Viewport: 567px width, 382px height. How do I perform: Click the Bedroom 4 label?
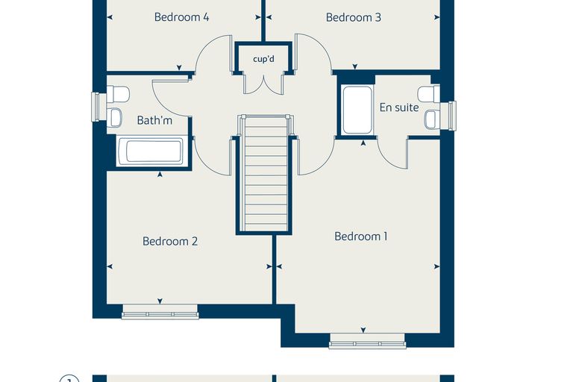click(181, 17)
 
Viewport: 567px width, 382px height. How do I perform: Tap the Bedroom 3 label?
click(354, 17)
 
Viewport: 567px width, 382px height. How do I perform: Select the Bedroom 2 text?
click(170, 241)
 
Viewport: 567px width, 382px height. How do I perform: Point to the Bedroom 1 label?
click(361, 237)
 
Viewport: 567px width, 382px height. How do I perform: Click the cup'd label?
click(263, 59)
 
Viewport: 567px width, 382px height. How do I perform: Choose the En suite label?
click(399, 107)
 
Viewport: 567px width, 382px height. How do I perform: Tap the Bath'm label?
click(154, 120)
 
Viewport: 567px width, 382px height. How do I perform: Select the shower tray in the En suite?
click(357, 110)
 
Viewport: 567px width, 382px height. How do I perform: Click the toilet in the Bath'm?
click(118, 94)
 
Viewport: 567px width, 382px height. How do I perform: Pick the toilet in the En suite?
click(428, 94)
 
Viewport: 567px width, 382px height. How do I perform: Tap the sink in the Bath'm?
click(115, 118)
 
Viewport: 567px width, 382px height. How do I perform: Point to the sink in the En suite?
click(432, 119)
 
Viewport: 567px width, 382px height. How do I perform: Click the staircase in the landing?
click(266, 173)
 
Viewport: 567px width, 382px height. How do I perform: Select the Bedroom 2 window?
click(160, 311)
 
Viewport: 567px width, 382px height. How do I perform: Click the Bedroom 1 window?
click(367, 341)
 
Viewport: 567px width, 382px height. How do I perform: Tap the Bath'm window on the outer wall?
click(95, 107)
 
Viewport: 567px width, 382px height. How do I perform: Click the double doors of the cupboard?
click(263, 84)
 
